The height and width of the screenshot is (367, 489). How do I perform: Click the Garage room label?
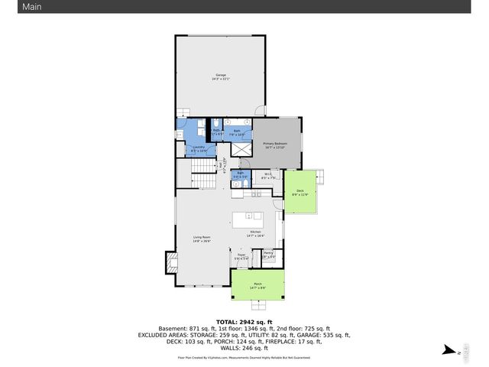click(220, 77)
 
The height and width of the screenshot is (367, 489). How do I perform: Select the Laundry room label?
click(199, 148)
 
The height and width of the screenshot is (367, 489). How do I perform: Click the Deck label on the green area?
click(299, 193)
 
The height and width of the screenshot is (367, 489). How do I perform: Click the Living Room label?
click(202, 239)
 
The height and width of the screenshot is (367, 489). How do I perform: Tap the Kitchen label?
click(255, 233)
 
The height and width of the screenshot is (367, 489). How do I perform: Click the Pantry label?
click(268, 254)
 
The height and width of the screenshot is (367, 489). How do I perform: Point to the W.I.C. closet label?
click(267, 176)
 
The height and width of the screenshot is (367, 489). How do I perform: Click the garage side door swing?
click(261, 112)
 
